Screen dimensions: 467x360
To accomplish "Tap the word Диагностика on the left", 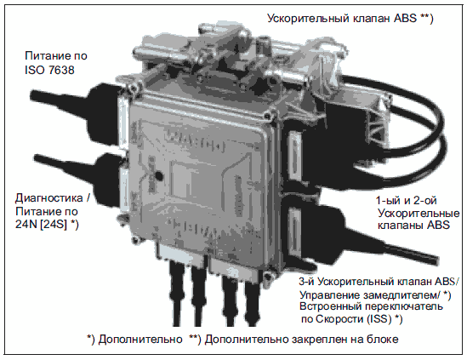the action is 48,198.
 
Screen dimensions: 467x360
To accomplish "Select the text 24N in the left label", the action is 26,224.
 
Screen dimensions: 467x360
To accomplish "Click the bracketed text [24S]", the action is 54,224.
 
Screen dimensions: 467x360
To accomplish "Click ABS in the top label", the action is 405,18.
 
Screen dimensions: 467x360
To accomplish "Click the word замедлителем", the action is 400,295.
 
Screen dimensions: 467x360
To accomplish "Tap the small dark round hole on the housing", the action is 159,176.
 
